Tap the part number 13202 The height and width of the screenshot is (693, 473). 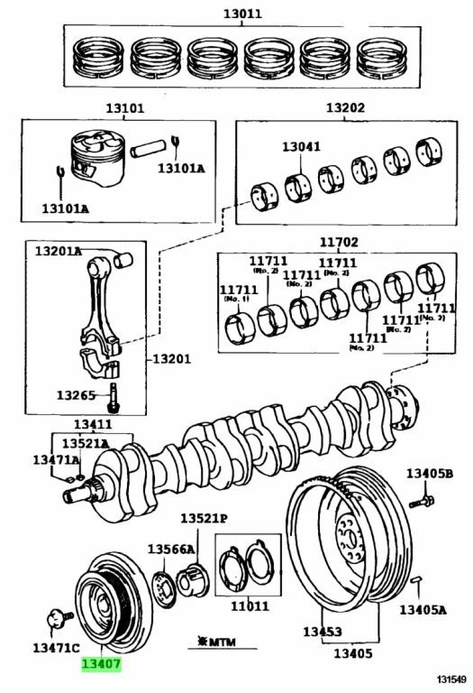coord(345,107)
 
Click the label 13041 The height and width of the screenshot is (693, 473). coord(300,145)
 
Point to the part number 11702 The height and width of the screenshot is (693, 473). coord(338,242)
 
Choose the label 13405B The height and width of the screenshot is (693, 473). coord(429,474)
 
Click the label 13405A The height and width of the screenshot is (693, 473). coord(423,609)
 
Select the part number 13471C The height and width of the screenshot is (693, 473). coord(56,647)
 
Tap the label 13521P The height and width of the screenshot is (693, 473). coord(203,519)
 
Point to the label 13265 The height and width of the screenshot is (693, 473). coord(77,394)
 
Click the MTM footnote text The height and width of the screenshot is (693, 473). coord(211,642)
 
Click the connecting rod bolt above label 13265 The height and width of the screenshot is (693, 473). coord(114,393)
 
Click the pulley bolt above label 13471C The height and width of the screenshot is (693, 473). coord(55,621)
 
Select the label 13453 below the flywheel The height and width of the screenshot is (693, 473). coord(321,633)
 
